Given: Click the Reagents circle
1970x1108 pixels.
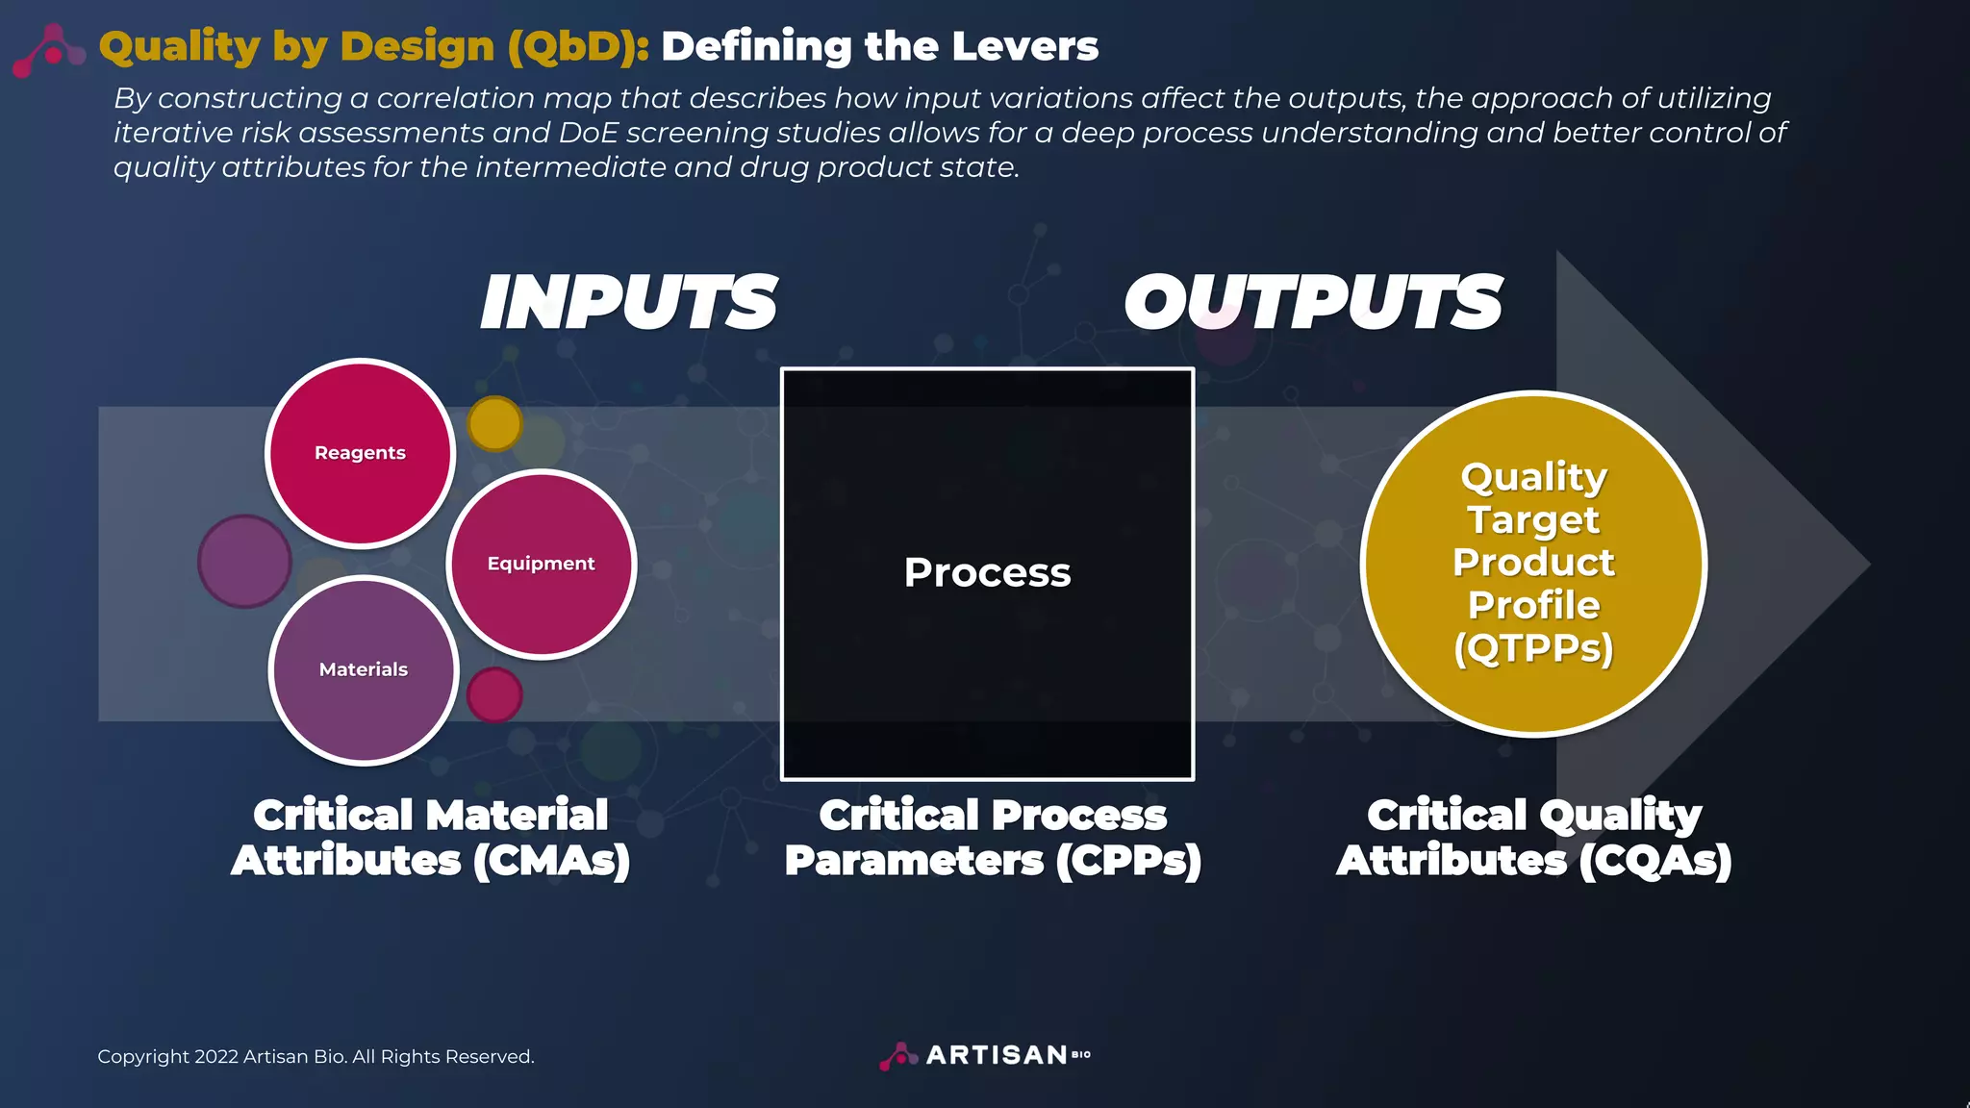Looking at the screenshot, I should click(x=360, y=453).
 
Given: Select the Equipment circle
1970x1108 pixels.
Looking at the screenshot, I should click(x=541, y=564).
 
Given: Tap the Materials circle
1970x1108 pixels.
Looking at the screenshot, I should click(x=363, y=669).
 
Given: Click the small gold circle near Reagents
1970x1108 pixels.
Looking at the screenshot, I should click(x=494, y=423).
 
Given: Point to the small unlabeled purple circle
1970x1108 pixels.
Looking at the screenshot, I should click(x=244, y=561).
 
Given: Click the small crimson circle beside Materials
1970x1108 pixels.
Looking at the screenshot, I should click(x=494, y=694).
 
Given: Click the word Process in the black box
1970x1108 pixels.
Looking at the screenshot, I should click(x=987, y=572).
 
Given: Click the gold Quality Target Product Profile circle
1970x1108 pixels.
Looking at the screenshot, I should click(x=1533, y=563).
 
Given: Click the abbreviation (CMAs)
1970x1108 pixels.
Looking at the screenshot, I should click(x=551, y=860).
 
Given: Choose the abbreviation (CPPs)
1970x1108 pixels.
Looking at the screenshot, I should click(x=1128, y=860).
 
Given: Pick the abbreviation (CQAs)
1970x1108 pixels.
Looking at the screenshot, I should click(x=1654, y=860).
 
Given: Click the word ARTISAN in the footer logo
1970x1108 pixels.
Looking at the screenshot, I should click(x=996, y=1055).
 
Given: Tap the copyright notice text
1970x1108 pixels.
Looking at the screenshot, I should click(x=316, y=1056).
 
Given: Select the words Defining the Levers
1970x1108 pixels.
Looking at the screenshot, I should click(x=879, y=46).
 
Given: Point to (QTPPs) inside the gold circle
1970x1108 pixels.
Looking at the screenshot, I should click(x=1533, y=647).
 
